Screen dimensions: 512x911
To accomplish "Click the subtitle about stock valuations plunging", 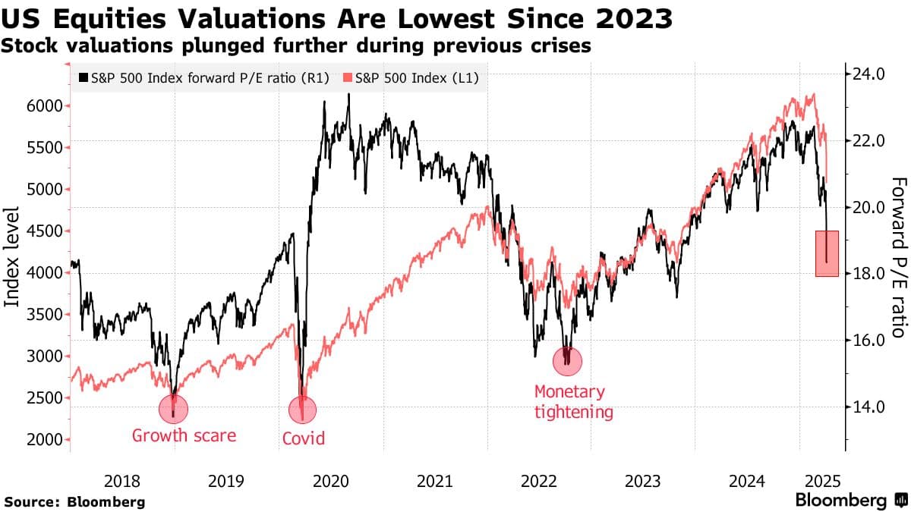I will [297, 46].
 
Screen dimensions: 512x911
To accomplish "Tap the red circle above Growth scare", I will [174, 409].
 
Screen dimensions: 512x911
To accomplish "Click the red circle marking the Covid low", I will [302, 410].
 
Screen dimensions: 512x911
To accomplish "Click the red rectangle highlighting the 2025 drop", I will [827, 253].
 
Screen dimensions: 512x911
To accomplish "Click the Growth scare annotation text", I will [184, 436].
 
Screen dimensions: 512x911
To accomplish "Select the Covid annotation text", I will [303, 438].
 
